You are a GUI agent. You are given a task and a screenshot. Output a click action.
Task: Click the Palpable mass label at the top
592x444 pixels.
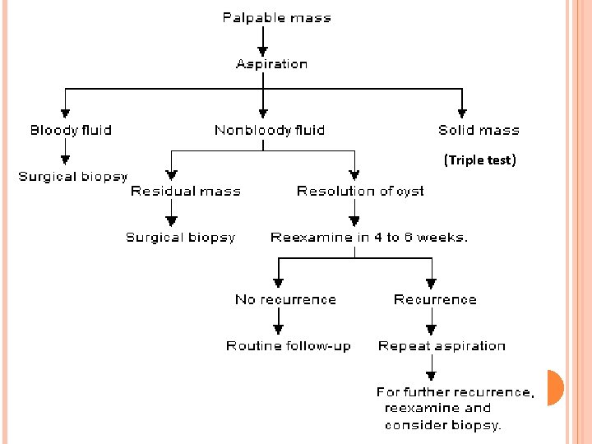pyautogui.click(x=276, y=17)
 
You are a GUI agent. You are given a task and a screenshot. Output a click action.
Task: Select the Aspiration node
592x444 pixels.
pyautogui.click(x=271, y=64)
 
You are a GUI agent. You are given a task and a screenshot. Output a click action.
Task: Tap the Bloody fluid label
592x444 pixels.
pyautogui.click(x=71, y=130)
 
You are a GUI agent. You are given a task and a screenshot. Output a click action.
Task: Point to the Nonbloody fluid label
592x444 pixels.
pyautogui.click(x=269, y=130)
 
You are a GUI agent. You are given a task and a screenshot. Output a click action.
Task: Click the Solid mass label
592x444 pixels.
pyautogui.click(x=479, y=130)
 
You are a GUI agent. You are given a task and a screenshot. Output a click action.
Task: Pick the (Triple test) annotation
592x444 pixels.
pyautogui.click(x=479, y=160)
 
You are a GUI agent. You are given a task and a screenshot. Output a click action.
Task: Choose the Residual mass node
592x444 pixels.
pyautogui.click(x=186, y=191)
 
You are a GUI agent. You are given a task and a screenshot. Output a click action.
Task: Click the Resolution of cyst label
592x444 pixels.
pyautogui.click(x=360, y=191)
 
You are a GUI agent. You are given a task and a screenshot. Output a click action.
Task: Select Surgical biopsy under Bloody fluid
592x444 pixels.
pyautogui.click(x=72, y=176)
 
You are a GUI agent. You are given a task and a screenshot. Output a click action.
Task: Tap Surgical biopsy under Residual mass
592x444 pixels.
pyautogui.click(x=180, y=237)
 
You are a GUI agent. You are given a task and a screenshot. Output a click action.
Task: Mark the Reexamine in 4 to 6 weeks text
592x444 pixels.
pyautogui.click(x=369, y=237)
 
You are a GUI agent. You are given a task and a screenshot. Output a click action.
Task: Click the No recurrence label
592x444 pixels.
pyautogui.click(x=285, y=299)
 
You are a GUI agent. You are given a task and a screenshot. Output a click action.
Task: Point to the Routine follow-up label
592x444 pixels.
pyautogui.click(x=288, y=346)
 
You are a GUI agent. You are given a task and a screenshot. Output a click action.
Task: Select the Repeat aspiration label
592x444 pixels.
pyautogui.click(x=442, y=346)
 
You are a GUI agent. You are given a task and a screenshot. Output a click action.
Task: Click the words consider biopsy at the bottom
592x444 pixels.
pyautogui.click(x=443, y=425)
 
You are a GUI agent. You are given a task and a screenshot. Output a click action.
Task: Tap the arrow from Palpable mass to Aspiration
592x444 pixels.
pyautogui.click(x=263, y=40)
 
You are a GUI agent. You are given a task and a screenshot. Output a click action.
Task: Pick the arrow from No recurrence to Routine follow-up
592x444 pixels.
pyautogui.click(x=279, y=322)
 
